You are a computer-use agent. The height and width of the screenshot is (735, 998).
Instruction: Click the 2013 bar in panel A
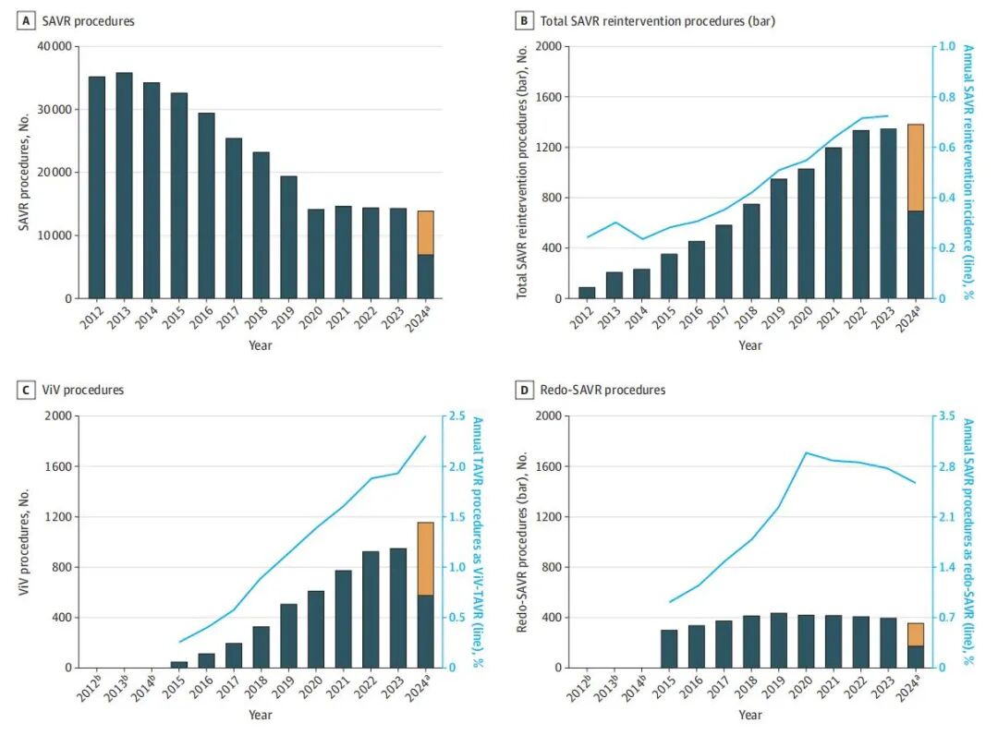[x=124, y=185]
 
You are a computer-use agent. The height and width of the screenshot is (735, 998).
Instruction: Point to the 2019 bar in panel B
[x=779, y=238]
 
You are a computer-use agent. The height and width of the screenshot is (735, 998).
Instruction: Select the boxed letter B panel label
[x=526, y=20]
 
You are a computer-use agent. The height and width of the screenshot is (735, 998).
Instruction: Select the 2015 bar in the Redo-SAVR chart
[x=669, y=648]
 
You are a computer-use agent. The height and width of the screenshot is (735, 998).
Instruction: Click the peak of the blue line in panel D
[x=806, y=452]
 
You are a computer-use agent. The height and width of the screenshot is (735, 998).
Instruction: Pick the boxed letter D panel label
[x=526, y=390]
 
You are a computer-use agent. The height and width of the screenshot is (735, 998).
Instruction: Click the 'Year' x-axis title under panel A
[x=260, y=345]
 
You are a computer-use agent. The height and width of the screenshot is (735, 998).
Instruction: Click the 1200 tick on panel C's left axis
[x=57, y=517]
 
